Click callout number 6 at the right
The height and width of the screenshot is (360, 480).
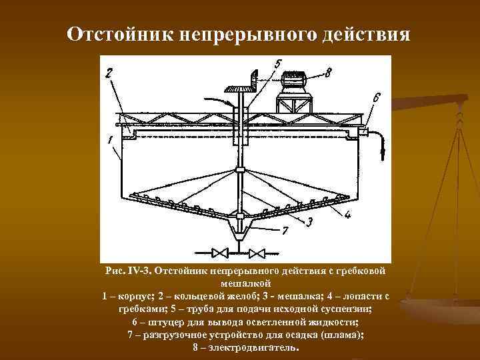(x=377, y=97)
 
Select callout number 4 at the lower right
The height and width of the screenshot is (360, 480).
(x=347, y=215)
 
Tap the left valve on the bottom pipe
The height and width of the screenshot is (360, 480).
(x=219, y=253)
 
